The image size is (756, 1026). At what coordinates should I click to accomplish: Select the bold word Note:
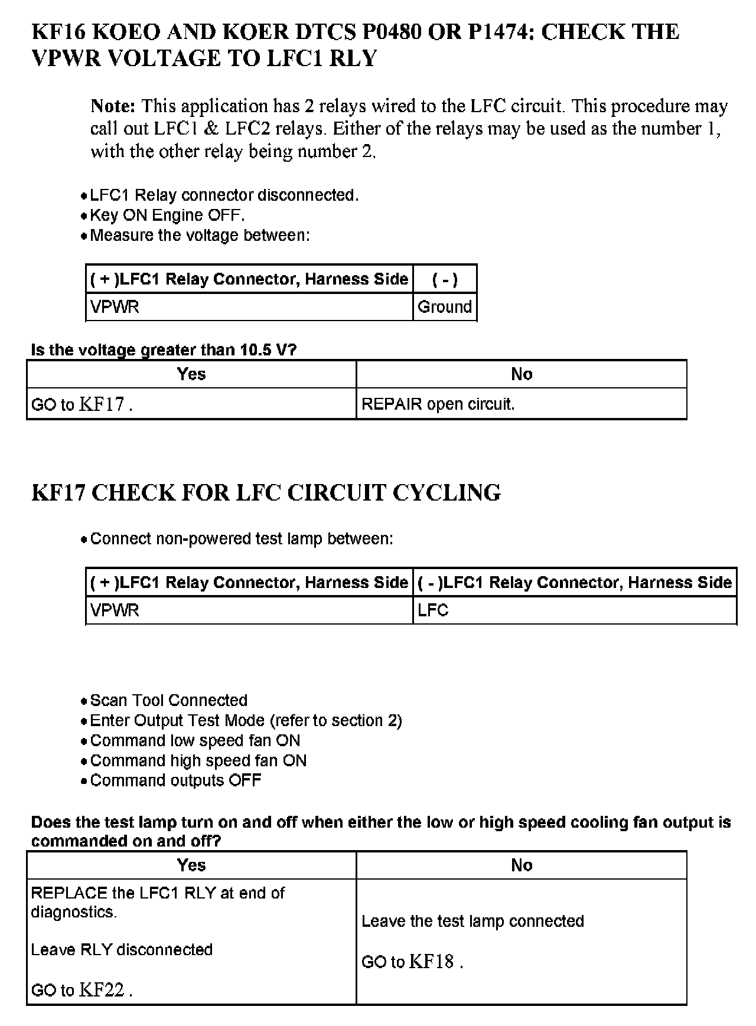[113, 106]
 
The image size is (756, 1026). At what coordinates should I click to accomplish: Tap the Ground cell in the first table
[445, 307]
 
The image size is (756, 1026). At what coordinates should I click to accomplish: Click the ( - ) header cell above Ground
[445, 279]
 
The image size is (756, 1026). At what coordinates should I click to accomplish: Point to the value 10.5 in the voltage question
[255, 350]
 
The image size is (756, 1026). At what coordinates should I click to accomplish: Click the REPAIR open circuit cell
[438, 404]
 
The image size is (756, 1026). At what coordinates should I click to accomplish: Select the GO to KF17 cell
[82, 404]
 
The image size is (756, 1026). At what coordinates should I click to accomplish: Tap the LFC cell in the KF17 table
[433, 610]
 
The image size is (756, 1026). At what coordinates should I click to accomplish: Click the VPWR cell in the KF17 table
[115, 610]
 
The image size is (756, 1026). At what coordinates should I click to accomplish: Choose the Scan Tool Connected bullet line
[168, 701]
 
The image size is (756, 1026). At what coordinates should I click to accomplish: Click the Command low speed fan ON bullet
[195, 741]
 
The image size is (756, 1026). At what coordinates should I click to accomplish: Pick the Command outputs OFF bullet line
[175, 781]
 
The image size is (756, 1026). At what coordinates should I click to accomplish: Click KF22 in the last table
[102, 990]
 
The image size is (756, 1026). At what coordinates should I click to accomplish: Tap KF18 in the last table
[431, 962]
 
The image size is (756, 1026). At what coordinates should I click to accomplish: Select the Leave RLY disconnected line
[122, 950]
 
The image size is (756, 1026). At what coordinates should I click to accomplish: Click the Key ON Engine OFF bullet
[167, 215]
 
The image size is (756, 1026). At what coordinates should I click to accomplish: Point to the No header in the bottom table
[522, 865]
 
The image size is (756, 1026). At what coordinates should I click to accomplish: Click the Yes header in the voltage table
[191, 374]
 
